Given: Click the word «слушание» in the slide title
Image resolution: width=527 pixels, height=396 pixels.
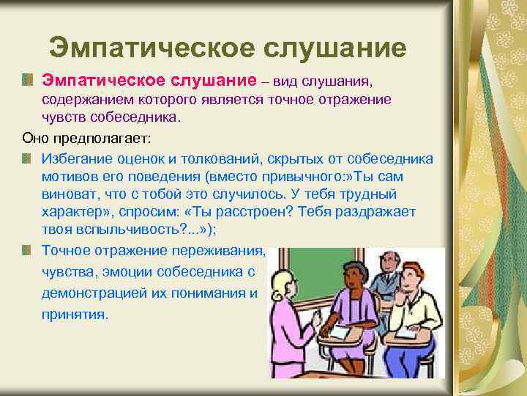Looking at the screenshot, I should [334, 48].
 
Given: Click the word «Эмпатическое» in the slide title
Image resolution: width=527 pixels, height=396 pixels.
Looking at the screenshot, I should [152, 48].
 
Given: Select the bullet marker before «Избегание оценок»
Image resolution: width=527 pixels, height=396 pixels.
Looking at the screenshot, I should [27, 158].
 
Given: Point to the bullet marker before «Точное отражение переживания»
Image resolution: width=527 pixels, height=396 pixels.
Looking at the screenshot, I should [27, 250].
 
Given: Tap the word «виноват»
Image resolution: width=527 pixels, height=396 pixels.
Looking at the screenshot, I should [67, 194].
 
